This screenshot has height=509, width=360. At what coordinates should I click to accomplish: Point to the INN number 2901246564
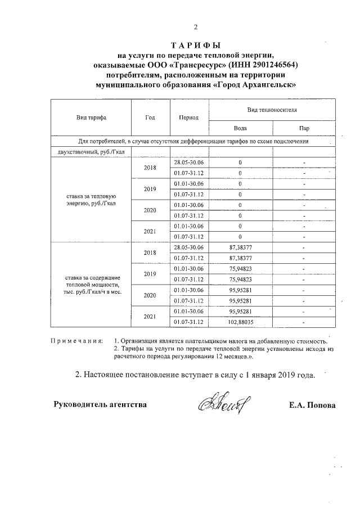[x=268, y=65]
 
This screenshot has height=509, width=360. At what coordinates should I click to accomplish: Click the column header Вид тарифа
[x=91, y=118]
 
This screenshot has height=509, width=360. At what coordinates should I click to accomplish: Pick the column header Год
[x=150, y=118]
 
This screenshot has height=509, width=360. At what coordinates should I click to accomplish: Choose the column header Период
[x=188, y=118]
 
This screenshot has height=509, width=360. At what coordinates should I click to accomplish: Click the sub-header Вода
[x=240, y=128]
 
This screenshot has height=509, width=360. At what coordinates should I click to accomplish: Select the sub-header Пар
[x=304, y=128]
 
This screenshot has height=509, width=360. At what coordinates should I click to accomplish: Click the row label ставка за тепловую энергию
[x=91, y=199]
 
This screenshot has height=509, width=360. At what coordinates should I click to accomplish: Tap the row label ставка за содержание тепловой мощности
[x=91, y=285]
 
